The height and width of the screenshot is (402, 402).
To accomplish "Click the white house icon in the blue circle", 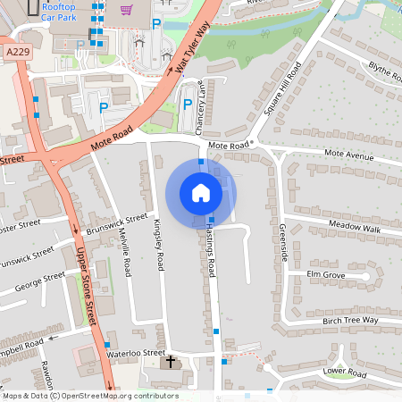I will tap(201, 192).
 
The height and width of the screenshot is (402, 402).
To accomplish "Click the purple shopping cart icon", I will tap(126, 11).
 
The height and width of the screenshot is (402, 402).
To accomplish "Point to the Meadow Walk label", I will tap(355, 229).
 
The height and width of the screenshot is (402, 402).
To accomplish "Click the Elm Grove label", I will tap(325, 275).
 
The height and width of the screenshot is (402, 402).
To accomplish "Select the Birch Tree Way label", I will tap(349, 320).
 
